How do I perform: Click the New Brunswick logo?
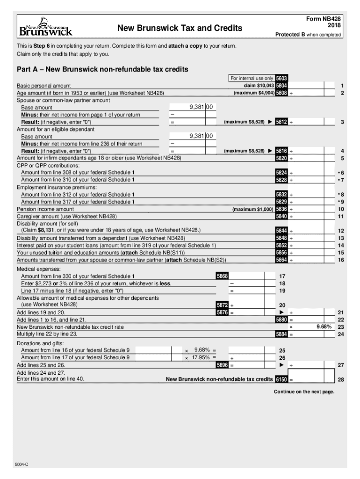coord(45,28)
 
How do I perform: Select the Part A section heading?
coord(102,69)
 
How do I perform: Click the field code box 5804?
coord(281,86)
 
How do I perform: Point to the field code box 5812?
coord(281,122)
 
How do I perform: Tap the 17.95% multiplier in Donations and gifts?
coord(201,357)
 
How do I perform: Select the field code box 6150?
coord(281,379)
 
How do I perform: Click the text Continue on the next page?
coord(304,392)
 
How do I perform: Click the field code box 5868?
coord(222,276)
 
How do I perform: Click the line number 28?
coord(341,380)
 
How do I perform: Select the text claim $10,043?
coord(259,86)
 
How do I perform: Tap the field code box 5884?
coord(281,334)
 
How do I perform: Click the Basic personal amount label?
coord(44,86)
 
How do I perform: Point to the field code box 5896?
coord(222,365)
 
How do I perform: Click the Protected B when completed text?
coord(308,35)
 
